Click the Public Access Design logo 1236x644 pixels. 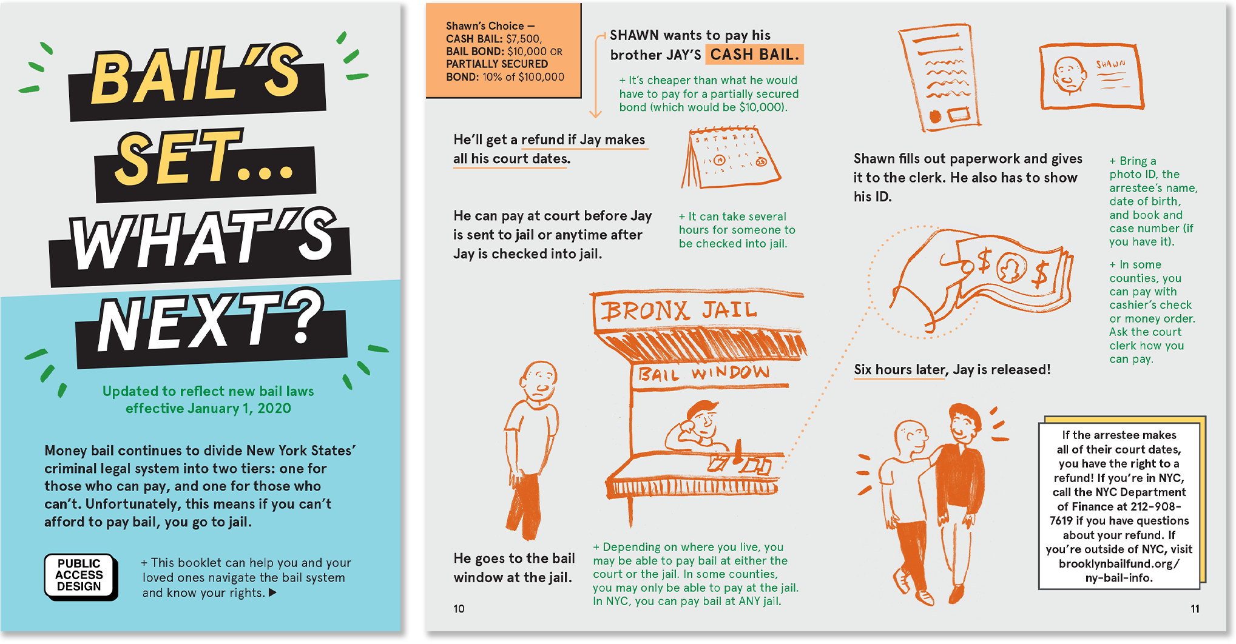tap(81, 577)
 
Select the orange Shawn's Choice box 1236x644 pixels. tap(504, 51)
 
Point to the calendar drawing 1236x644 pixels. tap(731, 157)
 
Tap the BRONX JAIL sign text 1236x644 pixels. tap(679, 311)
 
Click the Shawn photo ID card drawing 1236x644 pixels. tap(1092, 77)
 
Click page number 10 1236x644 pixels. tap(459, 608)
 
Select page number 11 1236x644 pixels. tap(1195, 608)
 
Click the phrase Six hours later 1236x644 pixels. tap(900, 370)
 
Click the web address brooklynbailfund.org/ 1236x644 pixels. tap(1119, 563)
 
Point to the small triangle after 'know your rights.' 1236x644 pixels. tap(272, 592)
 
